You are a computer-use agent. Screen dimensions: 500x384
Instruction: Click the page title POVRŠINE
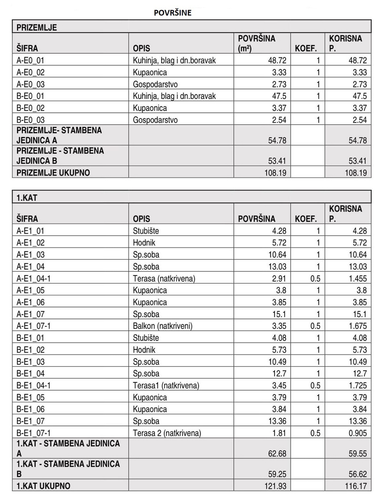(x=172, y=13)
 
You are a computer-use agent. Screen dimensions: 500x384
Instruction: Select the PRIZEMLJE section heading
(x=37, y=27)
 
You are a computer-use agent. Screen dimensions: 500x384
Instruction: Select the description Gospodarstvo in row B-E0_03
(x=155, y=120)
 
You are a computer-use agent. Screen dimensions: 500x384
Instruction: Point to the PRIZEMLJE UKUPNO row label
(x=53, y=173)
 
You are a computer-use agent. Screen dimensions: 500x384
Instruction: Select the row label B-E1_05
(x=30, y=398)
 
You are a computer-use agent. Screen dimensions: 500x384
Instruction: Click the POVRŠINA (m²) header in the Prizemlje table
(x=256, y=43)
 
